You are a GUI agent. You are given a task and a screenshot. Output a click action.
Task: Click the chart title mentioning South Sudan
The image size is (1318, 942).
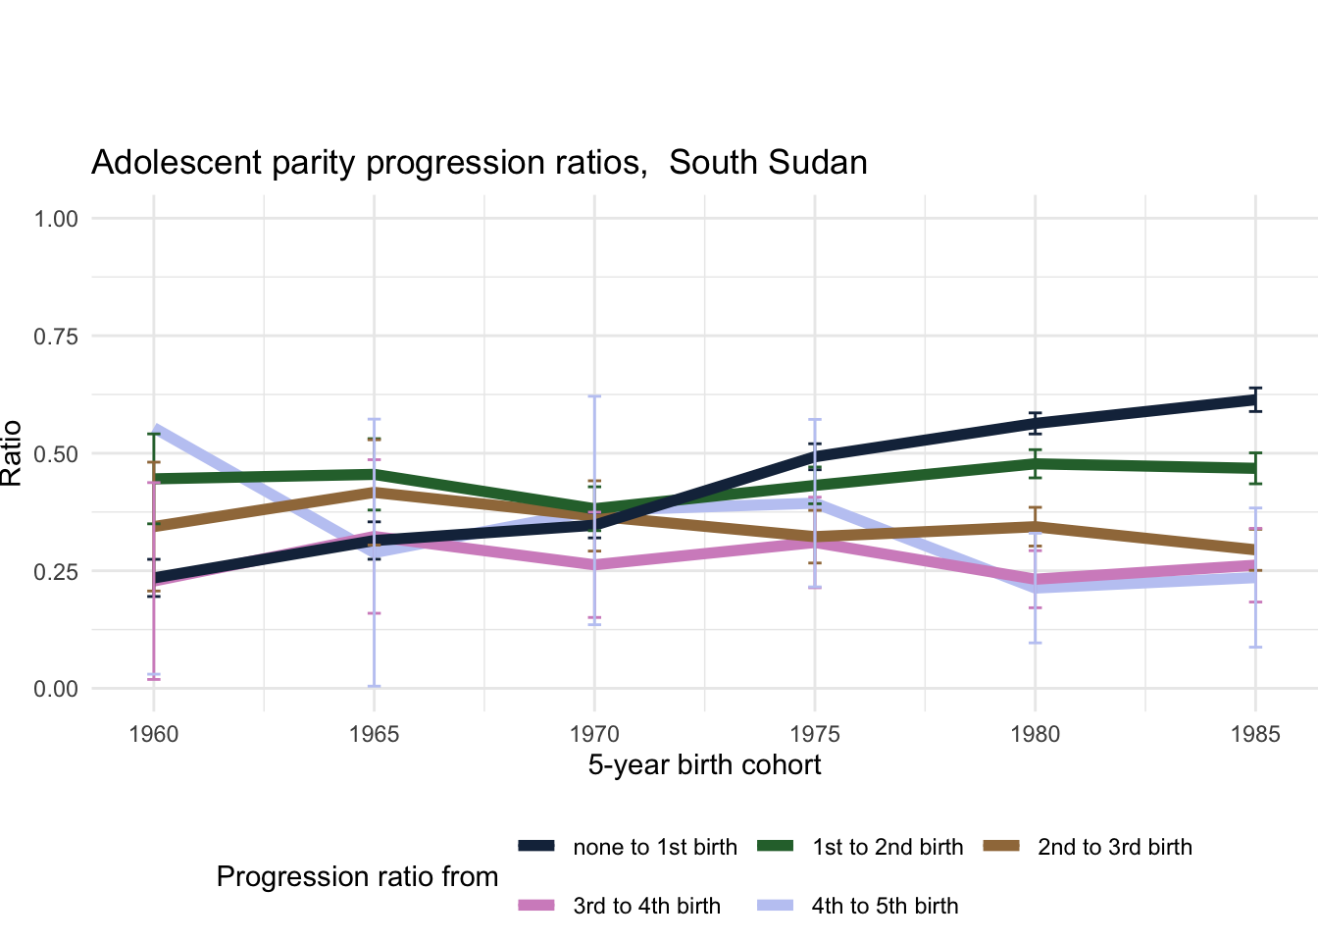(x=479, y=163)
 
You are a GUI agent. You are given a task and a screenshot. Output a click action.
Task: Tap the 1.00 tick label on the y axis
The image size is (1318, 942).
(x=56, y=219)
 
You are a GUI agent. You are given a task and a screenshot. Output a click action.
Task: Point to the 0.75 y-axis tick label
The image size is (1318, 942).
(x=56, y=337)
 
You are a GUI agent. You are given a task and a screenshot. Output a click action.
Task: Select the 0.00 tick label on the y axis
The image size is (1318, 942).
(x=56, y=689)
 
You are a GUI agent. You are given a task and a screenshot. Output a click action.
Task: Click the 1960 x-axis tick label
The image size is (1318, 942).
(x=154, y=735)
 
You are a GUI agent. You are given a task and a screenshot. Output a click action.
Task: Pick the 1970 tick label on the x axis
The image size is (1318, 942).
(x=594, y=735)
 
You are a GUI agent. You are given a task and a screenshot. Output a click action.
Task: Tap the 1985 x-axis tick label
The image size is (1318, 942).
(x=1255, y=735)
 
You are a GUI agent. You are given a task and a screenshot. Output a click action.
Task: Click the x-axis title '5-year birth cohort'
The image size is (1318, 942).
(x=704, y=765)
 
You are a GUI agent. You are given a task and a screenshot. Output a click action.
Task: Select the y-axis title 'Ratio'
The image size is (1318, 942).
(x=12, y=453)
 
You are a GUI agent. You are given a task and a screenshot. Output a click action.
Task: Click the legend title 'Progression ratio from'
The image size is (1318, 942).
(x=357, y=877)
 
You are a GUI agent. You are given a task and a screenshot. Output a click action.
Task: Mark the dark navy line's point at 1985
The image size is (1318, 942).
(x=1255, y=399)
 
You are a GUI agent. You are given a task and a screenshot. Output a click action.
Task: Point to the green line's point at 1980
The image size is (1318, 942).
(x=1035, y=463)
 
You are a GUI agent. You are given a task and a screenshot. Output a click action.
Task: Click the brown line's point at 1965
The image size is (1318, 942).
(x=374, y=492)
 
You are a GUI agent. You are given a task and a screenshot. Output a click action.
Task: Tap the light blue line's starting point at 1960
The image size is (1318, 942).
(x=155, y=428)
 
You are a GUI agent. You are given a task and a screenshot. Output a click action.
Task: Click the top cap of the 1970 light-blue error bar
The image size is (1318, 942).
(x=594, y=396)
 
